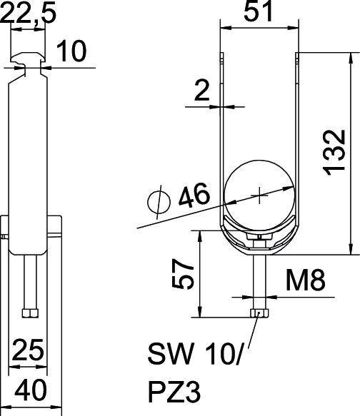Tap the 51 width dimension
[x=259, y=14]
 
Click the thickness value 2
[x=203, y=90]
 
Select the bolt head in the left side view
[x=30, y=313]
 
